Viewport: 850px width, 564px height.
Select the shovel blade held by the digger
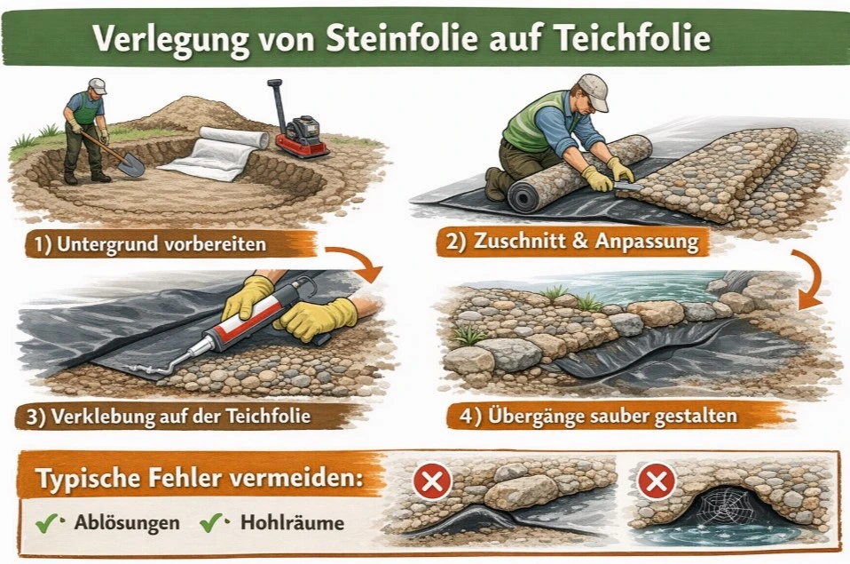pyautogui.click(x=130, y=164)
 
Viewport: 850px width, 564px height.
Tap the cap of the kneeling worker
pyautogui.click(x=592, y=88)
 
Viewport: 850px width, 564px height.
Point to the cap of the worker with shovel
pyautogui.click(x=97, y=85)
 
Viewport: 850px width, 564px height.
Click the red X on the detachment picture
pyautogui.click(x=432, y=482)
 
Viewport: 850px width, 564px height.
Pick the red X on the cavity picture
pyautogui.click(x=657, y=482)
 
